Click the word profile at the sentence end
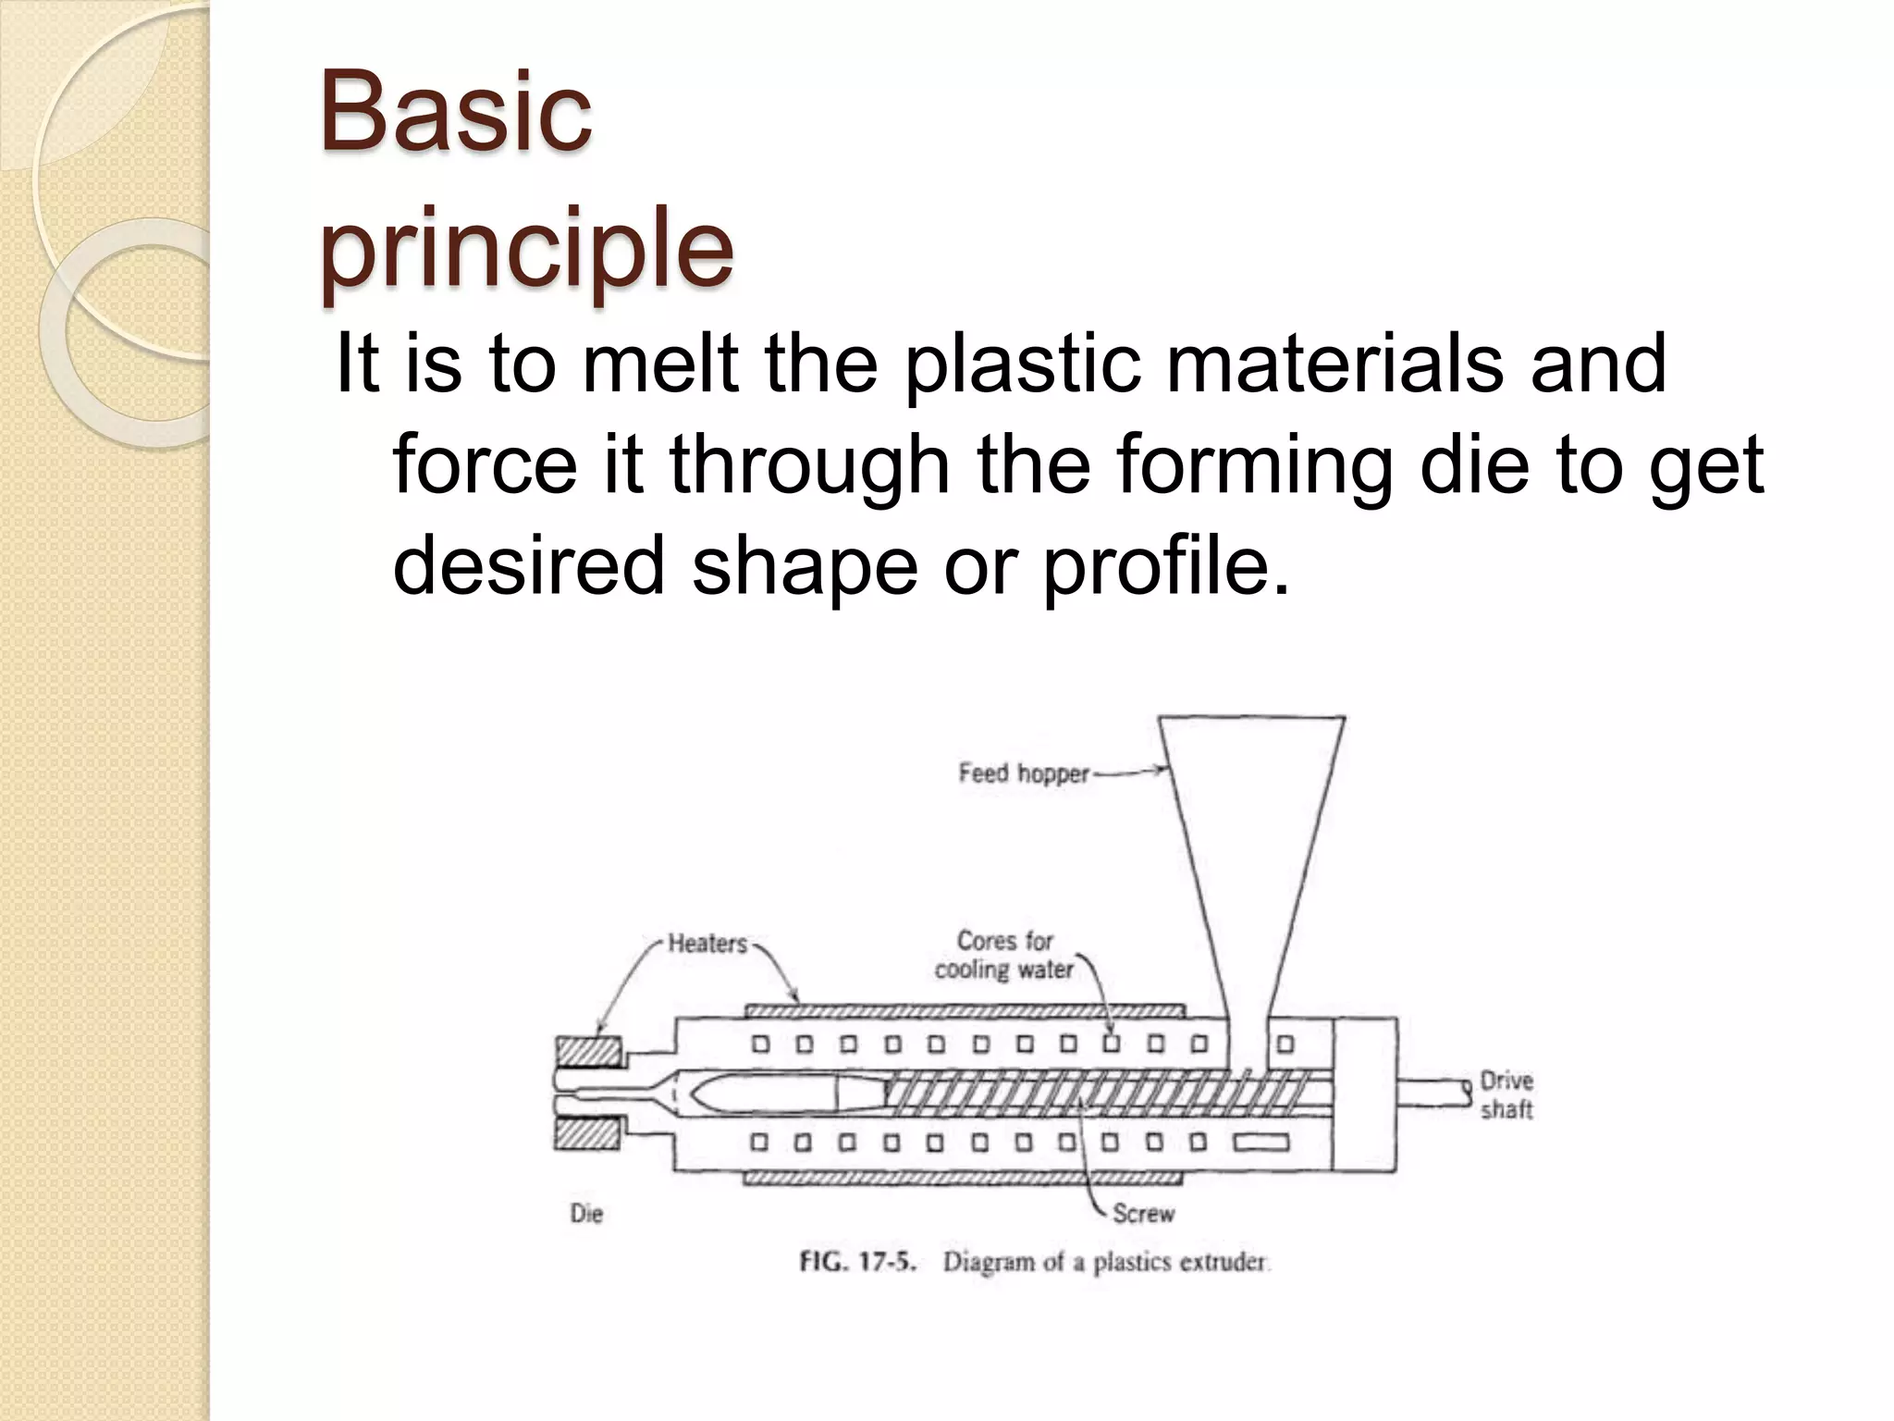pos(1165,564)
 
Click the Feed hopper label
pos(1024,772)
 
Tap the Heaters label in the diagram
pos(707,944)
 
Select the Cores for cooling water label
pos(1004,955)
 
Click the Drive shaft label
pos(1507,1094)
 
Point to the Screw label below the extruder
pos(1143,1213)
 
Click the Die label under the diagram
pos(586,1213)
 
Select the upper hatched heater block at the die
pos(588,1052)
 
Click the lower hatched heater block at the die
pos(588,1135)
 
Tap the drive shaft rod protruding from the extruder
pos(1432,1093)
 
